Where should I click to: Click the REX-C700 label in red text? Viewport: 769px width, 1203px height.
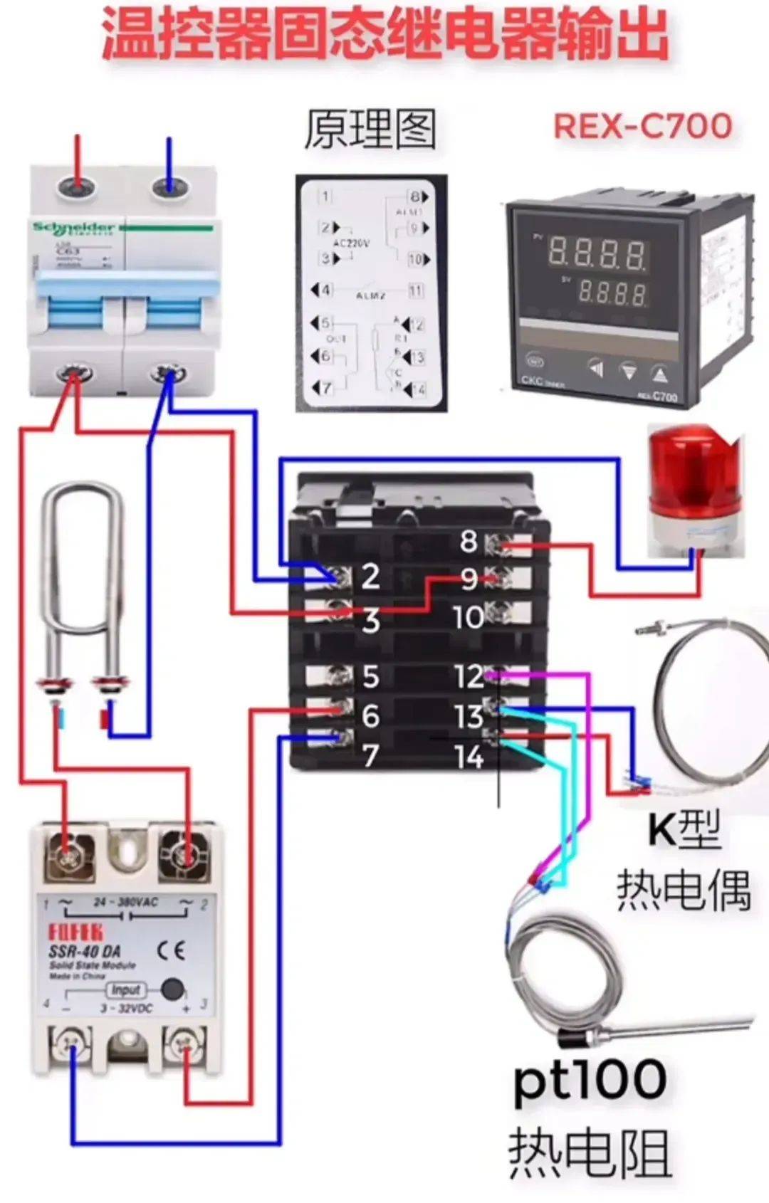pos(642,126)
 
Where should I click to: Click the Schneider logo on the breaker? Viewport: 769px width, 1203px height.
pos(74,228)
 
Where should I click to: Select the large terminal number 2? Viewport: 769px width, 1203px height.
pos(370,576)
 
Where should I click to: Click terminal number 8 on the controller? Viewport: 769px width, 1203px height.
pos(469,542)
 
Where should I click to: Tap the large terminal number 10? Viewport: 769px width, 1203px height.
pos(468,617)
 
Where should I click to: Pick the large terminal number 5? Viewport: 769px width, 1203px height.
pos(370,676)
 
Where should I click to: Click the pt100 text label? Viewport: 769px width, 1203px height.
pos(590,1081)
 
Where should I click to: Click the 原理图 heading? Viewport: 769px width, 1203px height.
pos(370,130)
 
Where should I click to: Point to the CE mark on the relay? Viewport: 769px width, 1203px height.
pos(171,950)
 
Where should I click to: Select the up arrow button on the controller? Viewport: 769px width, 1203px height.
pos(660,373)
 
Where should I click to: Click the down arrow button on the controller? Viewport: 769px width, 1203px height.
pos(629,371)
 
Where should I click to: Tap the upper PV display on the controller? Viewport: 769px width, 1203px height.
pos(597,253)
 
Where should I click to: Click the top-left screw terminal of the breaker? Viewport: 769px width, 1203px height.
pos(75,187)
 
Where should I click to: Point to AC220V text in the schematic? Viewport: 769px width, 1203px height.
pos(351,243)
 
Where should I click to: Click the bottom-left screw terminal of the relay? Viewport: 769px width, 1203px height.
pos(70,1044)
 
